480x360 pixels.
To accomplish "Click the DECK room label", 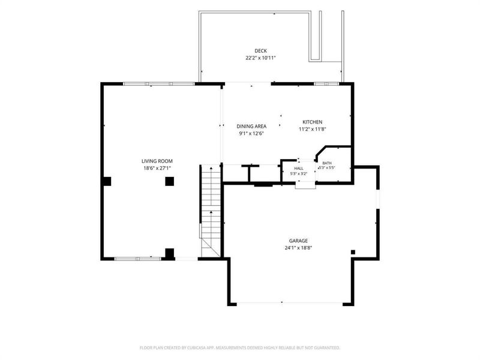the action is (x=260, y=51).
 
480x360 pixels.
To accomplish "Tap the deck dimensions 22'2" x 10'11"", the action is (x=260, y=58).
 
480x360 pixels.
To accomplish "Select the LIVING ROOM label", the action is (x=157, y=161).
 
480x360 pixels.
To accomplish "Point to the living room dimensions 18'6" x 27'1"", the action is (x=157, y=168).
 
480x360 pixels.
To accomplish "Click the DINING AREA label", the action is (x=251, y=126).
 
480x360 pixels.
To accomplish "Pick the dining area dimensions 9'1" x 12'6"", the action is (x=251, y=133).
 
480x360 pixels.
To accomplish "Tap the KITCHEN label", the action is (x=312, y=122).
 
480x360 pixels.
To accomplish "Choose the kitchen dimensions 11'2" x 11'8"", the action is (x=312, y=129).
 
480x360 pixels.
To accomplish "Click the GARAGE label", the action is (x=298, y=241).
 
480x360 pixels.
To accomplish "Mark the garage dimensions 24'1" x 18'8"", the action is (x=298, y=248).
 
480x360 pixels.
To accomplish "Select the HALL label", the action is (x=299, y=169).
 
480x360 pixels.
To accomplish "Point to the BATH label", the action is (x=326, y=163).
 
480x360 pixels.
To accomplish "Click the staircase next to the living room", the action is (x=211, y=211).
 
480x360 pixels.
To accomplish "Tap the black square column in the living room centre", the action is (x=170, y=181).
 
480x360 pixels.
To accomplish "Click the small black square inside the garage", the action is (x=353, y=252).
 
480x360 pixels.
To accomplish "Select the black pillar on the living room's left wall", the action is (x=107, y=181).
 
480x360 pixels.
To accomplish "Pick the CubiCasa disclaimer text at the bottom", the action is (x=239, y=348).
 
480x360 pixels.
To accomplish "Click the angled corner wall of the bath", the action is (x=320, y=151).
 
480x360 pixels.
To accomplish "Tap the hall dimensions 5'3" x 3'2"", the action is (x=299, y=173).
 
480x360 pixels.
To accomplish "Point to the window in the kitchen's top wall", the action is (x=326, y=83).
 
